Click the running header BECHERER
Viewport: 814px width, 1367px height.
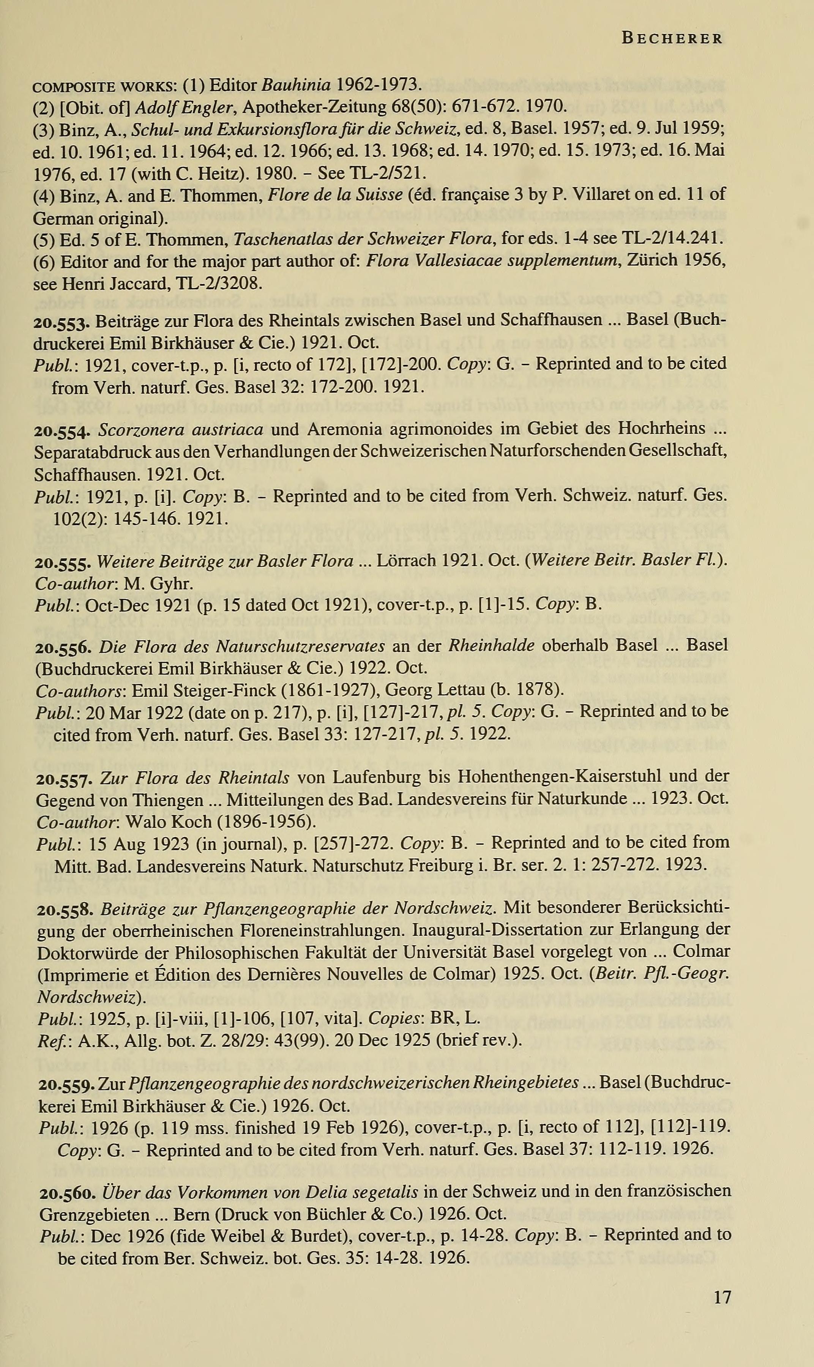coord(672,38)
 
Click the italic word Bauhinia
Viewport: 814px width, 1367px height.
coord(296,85)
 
